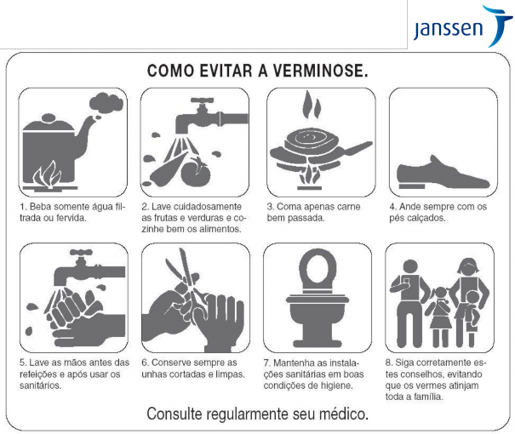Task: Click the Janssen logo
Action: click(461, 26)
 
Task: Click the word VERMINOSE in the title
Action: click(320, 71)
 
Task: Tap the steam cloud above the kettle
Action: click(106, 104)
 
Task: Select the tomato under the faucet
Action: click(196, 172)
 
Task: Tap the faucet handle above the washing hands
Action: click(81, 252)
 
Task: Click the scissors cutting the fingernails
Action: click(186, 278)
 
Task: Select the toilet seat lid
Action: click(318, 269)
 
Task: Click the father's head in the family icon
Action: click(410, 268)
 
